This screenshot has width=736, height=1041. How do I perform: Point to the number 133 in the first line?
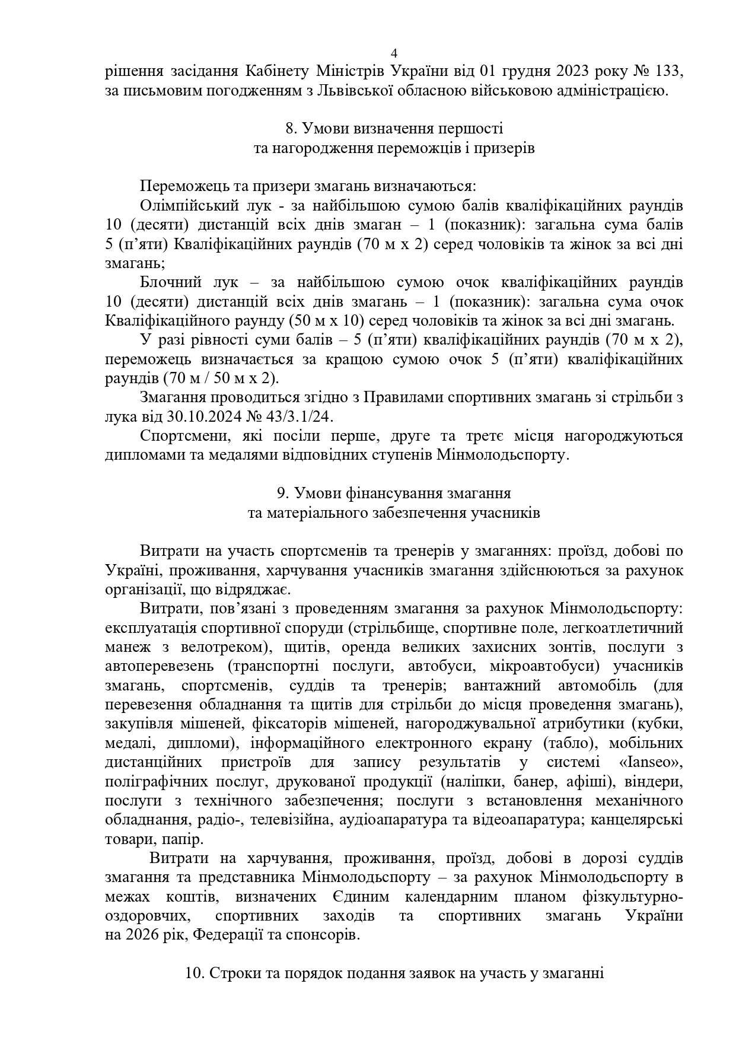(668, 72)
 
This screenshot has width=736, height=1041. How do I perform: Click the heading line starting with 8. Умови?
(394, 129)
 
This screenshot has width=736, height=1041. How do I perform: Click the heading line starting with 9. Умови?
(394, 494)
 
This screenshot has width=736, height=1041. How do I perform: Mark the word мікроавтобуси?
(543, 666)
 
